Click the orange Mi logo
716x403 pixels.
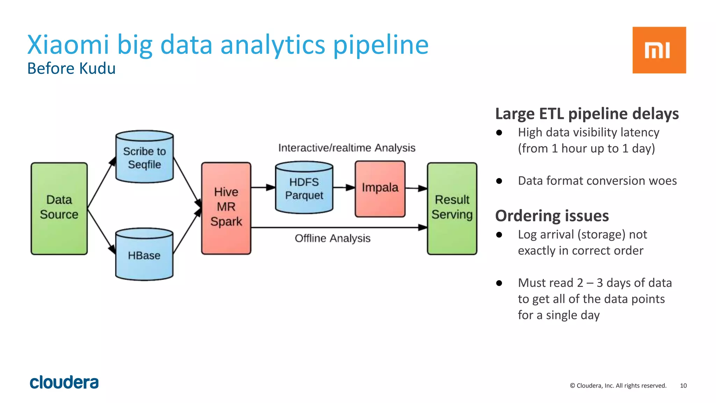pos(659,50)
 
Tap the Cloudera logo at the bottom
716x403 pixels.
pos(64,382)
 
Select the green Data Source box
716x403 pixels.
pos(59,208)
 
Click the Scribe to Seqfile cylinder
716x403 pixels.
pos(144,157)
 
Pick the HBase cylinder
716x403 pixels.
pos(144,255)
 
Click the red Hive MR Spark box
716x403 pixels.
pos(226,208)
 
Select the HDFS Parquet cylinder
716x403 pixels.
pos(304,188)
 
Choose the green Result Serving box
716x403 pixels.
pos(452,208)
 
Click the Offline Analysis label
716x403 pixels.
pos(332,238)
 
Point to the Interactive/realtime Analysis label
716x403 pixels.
pos(346,148)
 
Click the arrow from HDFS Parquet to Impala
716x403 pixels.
pos(344,188)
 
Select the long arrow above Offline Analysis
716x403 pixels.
pos(338,227)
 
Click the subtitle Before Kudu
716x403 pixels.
pos(71,69)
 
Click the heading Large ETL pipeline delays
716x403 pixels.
pos(587,114)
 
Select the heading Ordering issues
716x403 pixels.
pos(552,216)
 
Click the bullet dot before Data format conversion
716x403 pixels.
pos(499,181)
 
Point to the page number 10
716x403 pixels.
pos(683,386)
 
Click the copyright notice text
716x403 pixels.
pos(618,386)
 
